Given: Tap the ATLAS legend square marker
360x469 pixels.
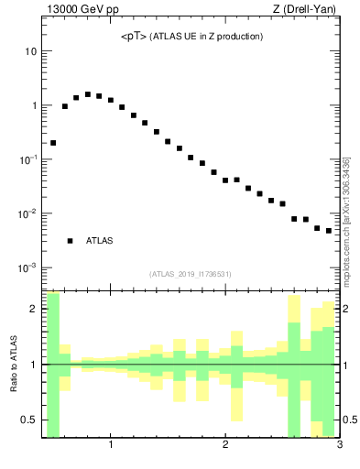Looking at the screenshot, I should tap(70, 241).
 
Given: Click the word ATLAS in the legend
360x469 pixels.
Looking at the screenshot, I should tap(99, 241).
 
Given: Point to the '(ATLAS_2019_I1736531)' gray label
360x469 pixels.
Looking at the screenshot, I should tap(191, 274).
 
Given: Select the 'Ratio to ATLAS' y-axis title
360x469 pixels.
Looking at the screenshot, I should tap(12, 365).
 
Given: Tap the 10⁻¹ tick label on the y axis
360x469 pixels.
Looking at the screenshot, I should tap(27, 159).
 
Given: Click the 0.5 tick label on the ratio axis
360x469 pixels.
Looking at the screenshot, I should tap(29, 420).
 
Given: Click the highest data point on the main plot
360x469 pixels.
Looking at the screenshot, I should tap(88, 94).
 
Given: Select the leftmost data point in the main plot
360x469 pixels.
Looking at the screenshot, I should tap(53, 143).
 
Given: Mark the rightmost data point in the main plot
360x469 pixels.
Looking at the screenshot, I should tap(329, 231).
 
